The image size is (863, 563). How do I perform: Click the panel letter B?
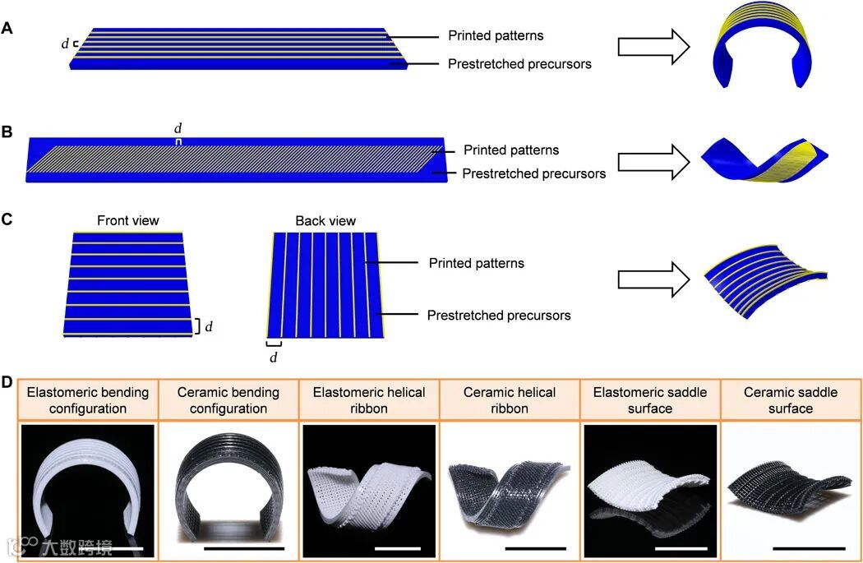pos(7,132)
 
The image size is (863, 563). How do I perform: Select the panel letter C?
pos(7,220)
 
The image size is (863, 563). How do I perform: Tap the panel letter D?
pos(7,384)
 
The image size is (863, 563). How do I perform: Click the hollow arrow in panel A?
pos(654,48)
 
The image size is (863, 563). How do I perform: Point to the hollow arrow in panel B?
pos(654,159)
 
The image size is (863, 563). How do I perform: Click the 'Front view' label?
pos(127,220)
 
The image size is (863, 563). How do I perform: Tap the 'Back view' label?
pos(325,220)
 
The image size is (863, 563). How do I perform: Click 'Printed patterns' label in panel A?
pos(495,35)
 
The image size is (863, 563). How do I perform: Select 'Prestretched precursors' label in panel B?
pos(533,173)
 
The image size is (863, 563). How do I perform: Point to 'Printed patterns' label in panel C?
pos(476,263)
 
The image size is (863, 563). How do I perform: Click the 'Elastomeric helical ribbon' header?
pos(369,400)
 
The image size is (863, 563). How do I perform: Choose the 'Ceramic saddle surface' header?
pos(790,400)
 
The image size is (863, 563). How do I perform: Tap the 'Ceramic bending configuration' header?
pos(228,400)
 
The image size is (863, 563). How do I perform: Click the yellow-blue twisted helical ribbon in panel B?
pos(764,159)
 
